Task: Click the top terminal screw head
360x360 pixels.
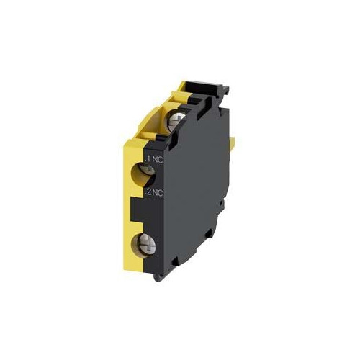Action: pos(177,121)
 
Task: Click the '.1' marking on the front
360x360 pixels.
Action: pos(148,159)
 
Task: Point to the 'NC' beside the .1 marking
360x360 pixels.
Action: pos(158,159)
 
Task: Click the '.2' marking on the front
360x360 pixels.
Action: pos(148,192)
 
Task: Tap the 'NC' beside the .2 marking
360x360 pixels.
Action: pos(158,192)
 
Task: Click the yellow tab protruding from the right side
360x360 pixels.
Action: pos(232,143)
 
